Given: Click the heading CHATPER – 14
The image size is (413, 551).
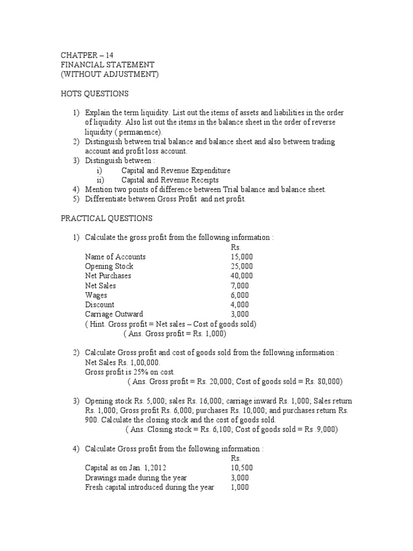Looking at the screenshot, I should [87, 55].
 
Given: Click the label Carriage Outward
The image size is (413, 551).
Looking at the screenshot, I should [114, 314].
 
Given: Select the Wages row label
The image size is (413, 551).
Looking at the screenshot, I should [96, 295].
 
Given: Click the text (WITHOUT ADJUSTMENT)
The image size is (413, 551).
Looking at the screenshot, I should [110, 74].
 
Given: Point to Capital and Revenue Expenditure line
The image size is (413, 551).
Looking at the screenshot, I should [176, 171].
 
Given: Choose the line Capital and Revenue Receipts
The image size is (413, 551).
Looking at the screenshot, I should [170, 180].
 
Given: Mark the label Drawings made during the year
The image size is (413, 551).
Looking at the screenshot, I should [136, 478].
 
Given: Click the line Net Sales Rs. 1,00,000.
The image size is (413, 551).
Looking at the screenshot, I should [123, 363].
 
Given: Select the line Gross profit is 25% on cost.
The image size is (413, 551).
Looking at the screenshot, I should [130, 372].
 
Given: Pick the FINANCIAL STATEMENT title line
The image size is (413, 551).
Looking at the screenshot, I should [109, 65].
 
